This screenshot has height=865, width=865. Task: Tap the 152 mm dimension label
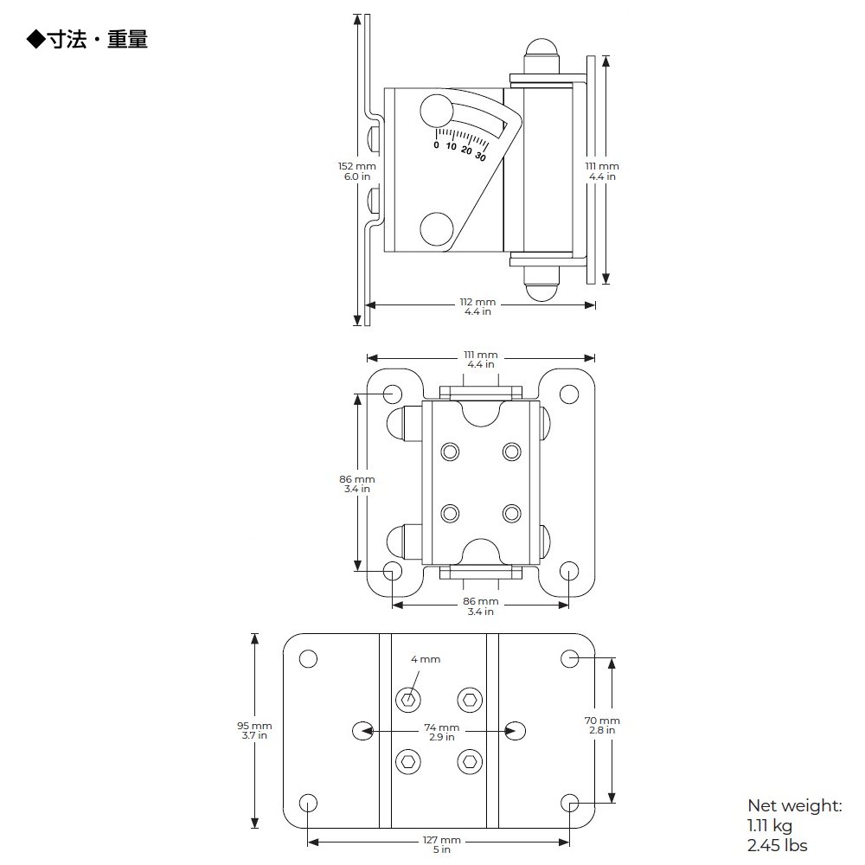[357, 165]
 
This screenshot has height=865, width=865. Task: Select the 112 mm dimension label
[477, 302]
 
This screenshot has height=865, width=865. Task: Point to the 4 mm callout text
[426, 659]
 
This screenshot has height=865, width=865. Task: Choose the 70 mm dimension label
[603, 721]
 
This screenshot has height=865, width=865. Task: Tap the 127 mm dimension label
[442, 840]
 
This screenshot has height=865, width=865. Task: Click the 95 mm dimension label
[257, 726]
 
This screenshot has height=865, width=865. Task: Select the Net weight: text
[794, 805]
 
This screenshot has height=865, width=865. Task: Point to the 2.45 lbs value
[777, 845]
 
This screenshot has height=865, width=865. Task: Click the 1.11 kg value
[769, 825]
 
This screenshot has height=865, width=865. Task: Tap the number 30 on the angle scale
[481, 157]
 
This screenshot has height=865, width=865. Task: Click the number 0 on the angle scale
[436, 145]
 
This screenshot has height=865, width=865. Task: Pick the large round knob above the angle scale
[436, 112]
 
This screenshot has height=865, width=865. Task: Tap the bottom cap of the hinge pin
[541, 289]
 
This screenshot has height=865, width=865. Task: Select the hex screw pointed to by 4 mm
[408, 698]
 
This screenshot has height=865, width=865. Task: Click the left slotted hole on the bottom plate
[362, 731]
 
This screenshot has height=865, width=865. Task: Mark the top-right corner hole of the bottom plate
[569, 659]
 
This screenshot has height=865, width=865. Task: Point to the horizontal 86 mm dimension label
[481, 600]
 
